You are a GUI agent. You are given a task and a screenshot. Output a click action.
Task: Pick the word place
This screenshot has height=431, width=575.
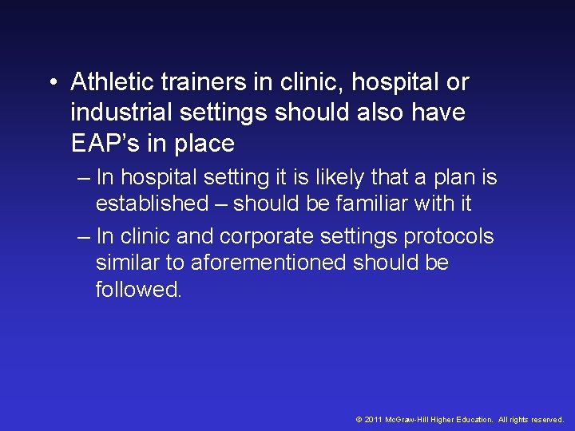pyautogui.click(x=203, y=144)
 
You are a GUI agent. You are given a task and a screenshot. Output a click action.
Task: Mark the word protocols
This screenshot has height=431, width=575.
pyautogui.click(x=449, y=237)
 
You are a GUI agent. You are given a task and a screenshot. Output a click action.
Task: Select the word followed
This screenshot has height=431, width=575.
pyautogui.click(x=139, y=289)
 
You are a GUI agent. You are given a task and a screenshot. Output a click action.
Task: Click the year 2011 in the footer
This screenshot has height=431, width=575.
pyautogui.click(x=372, y=419)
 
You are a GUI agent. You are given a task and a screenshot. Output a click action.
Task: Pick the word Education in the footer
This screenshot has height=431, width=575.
pyautogui.click(x=472, y=419)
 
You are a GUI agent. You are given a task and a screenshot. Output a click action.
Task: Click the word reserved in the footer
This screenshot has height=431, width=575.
pyautogui.click(x=545, y=419)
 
